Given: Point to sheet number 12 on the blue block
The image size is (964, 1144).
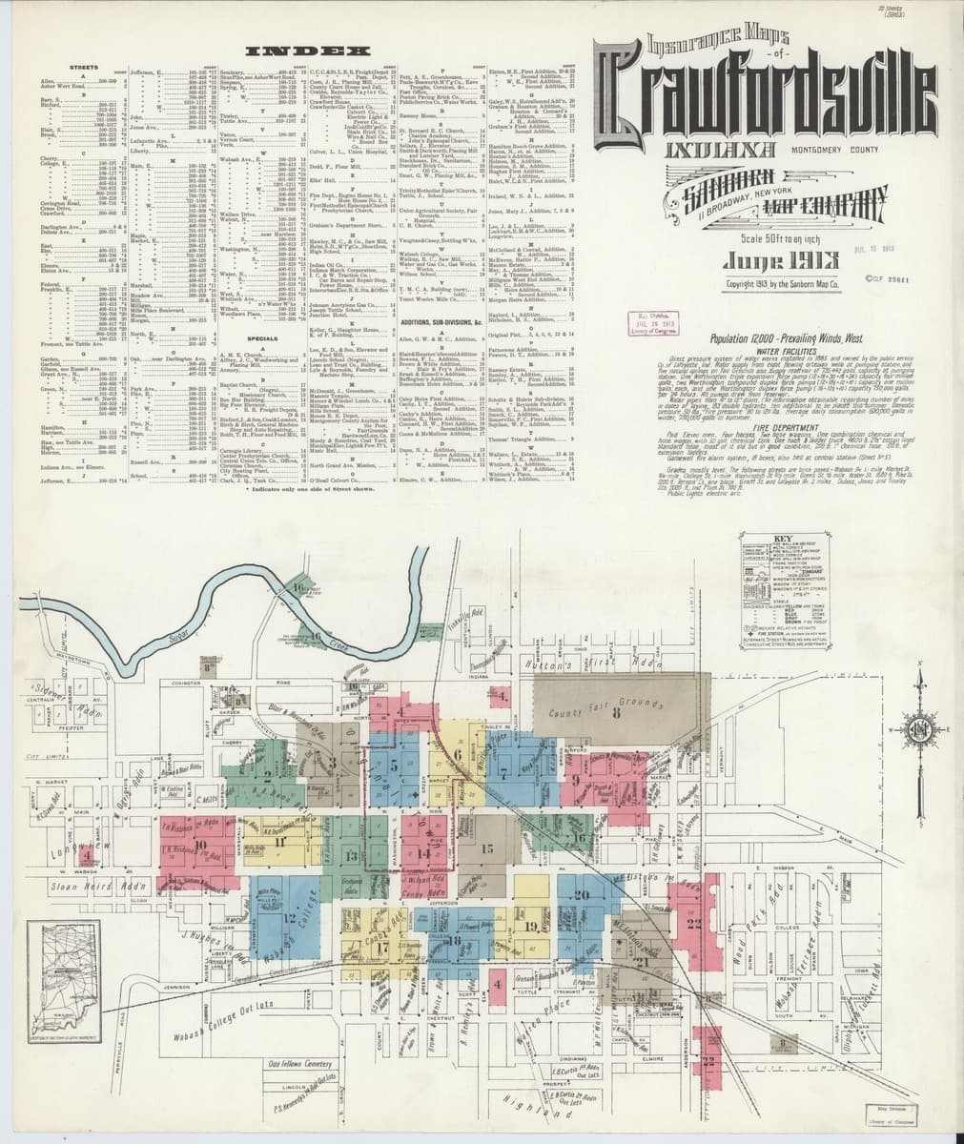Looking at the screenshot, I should [288, 918].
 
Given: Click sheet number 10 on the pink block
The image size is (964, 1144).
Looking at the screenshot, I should [200, 844].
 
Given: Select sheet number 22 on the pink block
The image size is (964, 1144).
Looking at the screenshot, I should [692, 923].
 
